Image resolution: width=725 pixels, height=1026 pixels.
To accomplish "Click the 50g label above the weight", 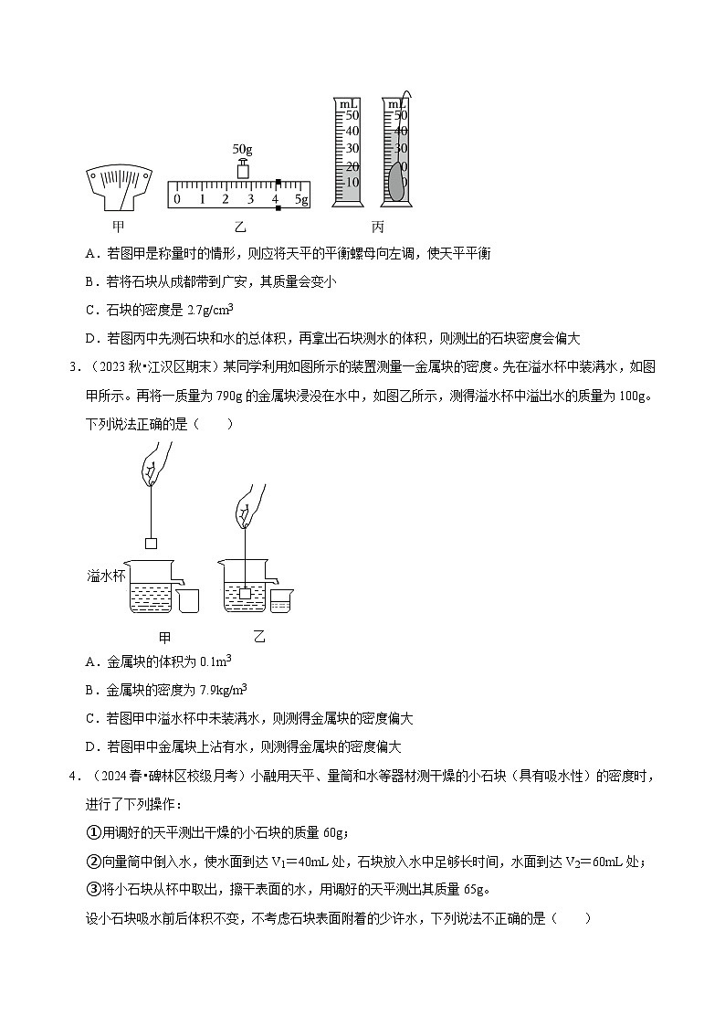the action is pos(243,148).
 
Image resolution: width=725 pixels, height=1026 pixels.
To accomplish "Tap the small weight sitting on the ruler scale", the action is pos(243,169).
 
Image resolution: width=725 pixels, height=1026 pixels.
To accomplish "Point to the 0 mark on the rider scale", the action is pos(177,199).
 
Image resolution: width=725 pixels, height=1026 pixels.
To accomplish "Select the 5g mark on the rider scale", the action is pos(301,199).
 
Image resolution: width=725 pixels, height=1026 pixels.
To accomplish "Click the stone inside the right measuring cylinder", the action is pos(395,182).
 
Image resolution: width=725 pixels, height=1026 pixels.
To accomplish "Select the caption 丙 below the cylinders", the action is pos(378,226).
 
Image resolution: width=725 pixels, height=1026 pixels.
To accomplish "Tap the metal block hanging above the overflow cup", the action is pos(152,543).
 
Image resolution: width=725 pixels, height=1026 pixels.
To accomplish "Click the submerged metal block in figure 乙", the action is pos(245,594).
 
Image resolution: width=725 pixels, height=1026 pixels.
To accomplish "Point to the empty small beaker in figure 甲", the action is pos(189,599).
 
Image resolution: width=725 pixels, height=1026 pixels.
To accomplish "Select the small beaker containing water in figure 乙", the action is pos(280,601).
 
